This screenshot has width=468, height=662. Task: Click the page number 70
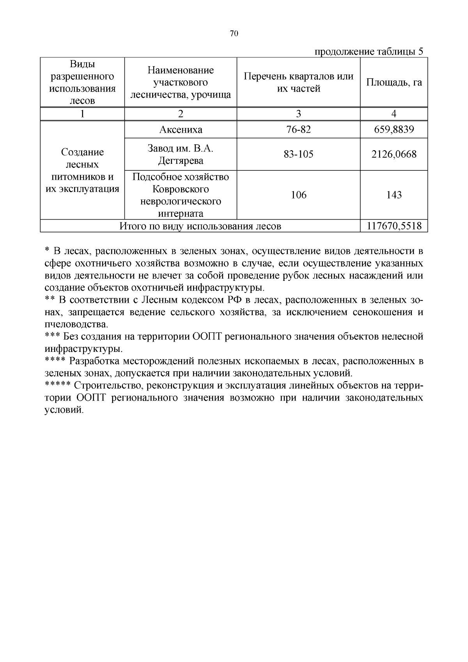tap(234, 34)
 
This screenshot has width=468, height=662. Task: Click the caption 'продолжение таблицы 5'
tap(369, 52)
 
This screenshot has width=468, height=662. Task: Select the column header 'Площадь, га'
tap(394, 82)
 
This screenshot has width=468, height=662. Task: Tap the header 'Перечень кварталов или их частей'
tap(298, 82)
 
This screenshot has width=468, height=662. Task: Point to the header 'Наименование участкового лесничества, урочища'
tap(181, 82)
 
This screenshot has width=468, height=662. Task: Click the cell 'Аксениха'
tap(181, 130)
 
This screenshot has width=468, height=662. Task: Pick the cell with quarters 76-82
tap(298, 130)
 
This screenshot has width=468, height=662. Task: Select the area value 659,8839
tap(394, 130)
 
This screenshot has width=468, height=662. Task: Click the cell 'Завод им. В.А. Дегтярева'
tap(181, 154)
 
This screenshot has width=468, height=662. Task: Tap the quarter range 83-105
tap(298, 154)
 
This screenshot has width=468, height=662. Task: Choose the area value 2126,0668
tap(394, 154)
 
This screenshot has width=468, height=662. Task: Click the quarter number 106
tap(298, 195)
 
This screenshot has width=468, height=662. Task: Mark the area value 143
tap(394, 195)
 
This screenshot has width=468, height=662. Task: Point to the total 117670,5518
tap(394, 226)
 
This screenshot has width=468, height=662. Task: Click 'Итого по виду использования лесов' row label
tap(200, 226)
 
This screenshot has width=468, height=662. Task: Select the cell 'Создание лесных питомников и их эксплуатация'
tap(82, 170)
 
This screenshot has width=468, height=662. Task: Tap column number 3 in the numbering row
tap(298, 114)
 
